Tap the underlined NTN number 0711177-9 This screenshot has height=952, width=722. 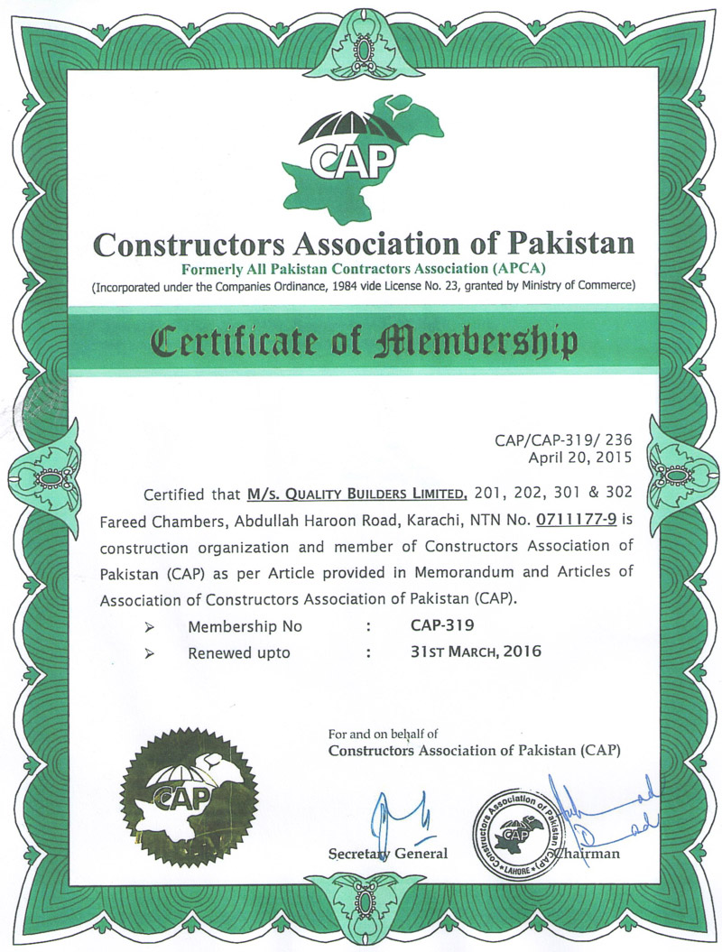coord(575,521)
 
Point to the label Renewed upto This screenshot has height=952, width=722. coord(239,652)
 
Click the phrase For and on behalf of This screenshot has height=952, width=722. coord(383,734)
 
